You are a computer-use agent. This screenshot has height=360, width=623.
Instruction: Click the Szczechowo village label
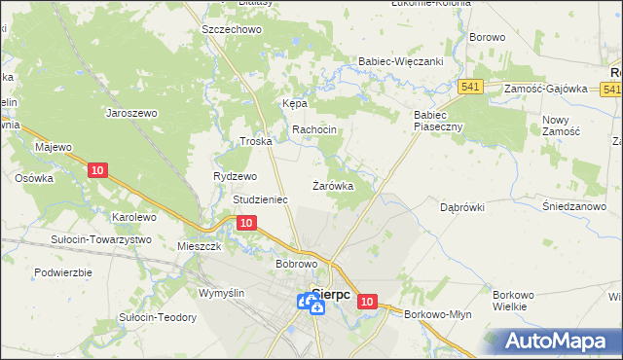(232, 30)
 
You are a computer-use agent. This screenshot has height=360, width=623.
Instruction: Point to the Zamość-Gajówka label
(546, 89)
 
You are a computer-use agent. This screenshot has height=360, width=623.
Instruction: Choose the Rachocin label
(314, 130)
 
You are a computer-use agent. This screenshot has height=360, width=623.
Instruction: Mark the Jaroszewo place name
(131, 112)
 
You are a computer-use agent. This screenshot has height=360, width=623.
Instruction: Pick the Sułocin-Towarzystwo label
(102, 239)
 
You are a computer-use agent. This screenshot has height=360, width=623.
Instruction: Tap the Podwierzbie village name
(63, 272)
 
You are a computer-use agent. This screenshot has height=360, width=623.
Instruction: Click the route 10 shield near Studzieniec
(246, 223)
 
